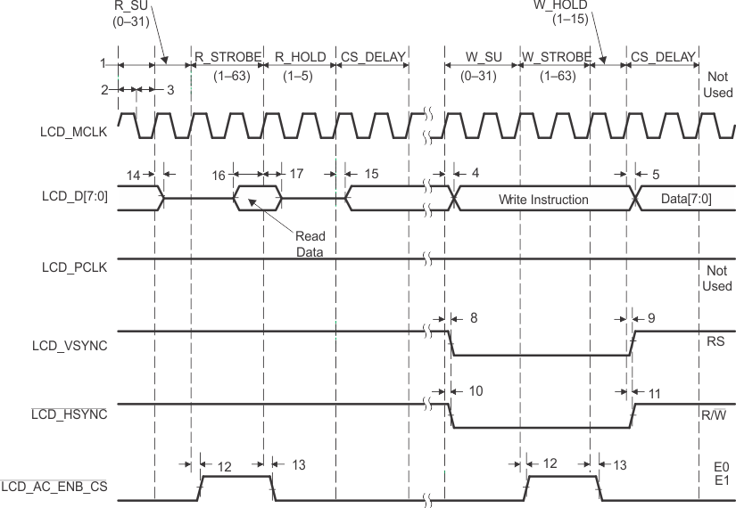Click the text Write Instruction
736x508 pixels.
tap(543, 200)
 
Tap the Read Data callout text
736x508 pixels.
tap(310, 243)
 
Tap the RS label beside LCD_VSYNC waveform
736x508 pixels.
tap(715, 340)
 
